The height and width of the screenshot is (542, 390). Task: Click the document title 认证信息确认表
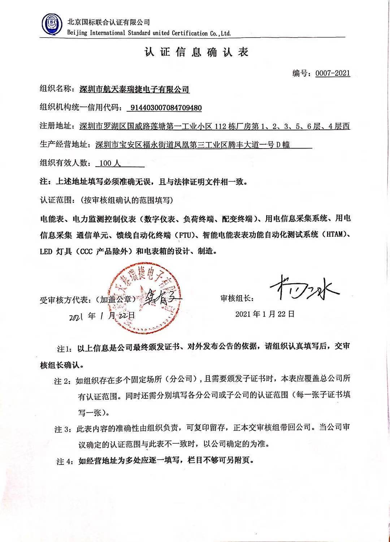coord(196,52)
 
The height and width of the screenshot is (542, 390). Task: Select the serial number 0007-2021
coord(333,73)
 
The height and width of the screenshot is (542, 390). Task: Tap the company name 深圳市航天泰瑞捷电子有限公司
coord(134,89)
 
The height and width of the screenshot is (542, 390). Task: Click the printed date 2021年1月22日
coord(265,314)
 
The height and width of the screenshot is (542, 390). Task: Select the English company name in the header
coord(149,33)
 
